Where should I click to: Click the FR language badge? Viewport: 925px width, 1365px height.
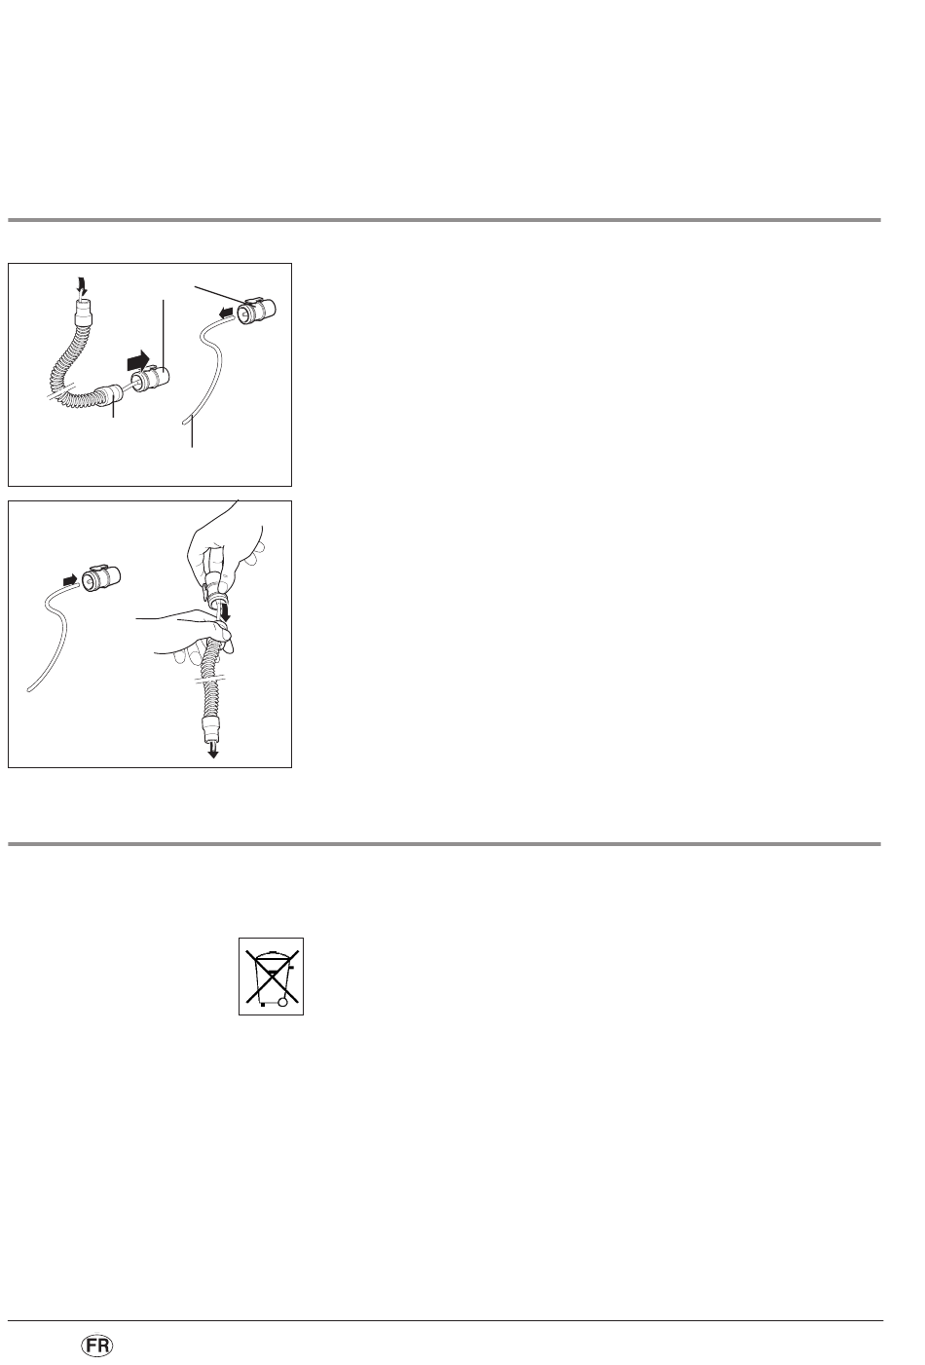coord(97,1346)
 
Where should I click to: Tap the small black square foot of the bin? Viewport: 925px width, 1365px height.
coord(263,1004)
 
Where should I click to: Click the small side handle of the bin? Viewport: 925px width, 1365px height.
coord(291,966)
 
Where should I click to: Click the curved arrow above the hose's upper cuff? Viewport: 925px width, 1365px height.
coord(80,284)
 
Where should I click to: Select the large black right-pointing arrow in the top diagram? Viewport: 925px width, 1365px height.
coord(137,360)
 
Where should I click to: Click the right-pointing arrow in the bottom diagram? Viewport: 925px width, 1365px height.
coord(70,578)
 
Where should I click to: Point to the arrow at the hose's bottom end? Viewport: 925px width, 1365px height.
coord(212,750)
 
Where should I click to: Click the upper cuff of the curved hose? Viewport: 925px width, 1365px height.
coord(82,311)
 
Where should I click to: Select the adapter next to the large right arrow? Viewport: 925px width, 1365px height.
coord(151,379)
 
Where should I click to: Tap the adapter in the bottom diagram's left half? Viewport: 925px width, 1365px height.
coord(101,577)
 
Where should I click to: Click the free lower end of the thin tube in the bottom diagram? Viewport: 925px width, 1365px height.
coord(28,690)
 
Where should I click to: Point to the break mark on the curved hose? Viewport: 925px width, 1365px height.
coord(59,390)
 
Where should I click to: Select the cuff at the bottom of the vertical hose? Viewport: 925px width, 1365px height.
coord(211,727)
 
